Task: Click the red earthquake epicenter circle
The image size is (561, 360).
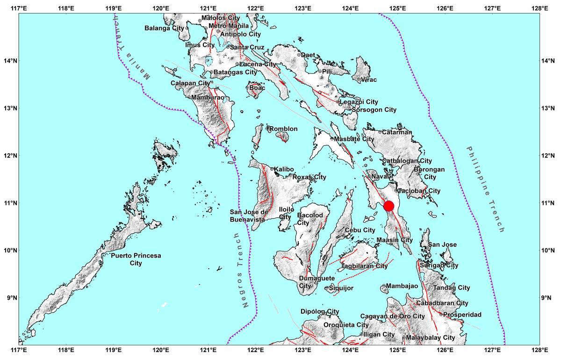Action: click(x=388, y=206)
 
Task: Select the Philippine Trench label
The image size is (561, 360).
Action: click(x=486, y=189)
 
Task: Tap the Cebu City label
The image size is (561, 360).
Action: click(x=360, y=230)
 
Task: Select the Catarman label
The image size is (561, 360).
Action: click(x=397, y=132)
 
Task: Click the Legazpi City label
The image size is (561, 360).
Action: click(x=359, y=102)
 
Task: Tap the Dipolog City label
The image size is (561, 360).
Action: click(x=320, y=312)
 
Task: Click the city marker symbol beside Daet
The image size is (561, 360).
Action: click(x=299, y=55)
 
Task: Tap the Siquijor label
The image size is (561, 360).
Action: click(x=340, y=288)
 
